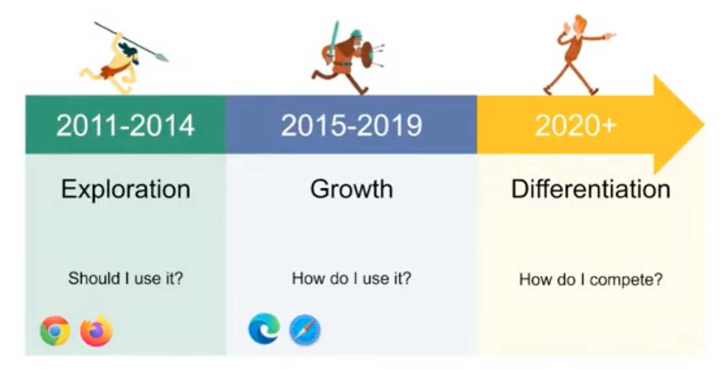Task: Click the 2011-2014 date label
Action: (x=125, y=125)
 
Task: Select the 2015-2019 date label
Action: (x=351, y=125)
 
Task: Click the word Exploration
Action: (x=126, y=189)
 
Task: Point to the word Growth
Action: (x=351, y=189)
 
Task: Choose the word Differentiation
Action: (x=590, y=189)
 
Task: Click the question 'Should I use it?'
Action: (x=125, y=278)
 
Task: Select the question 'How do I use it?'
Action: (x=351, y=278)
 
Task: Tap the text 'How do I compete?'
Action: (x=590, y=279)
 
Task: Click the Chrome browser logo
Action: (x=55, y=330)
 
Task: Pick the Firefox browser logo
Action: (x=96, y=330)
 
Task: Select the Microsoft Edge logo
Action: (x=264, y=329)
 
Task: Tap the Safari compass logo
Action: (x=305, y=330)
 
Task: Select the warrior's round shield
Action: (x=367, y=55)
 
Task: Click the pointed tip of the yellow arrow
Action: (x=703, y=124)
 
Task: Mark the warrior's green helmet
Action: (x=356, y=34)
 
